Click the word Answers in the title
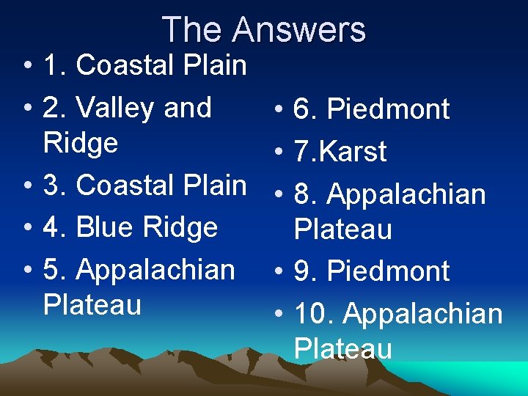298,30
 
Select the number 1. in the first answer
56,65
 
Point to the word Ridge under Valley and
81,143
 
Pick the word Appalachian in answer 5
155,270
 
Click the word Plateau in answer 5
92,304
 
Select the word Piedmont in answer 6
389,110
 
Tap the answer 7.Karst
340,152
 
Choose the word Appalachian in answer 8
406,195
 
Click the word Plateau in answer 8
343,230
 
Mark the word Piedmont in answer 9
389,271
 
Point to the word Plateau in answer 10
343,348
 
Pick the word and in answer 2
188,108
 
